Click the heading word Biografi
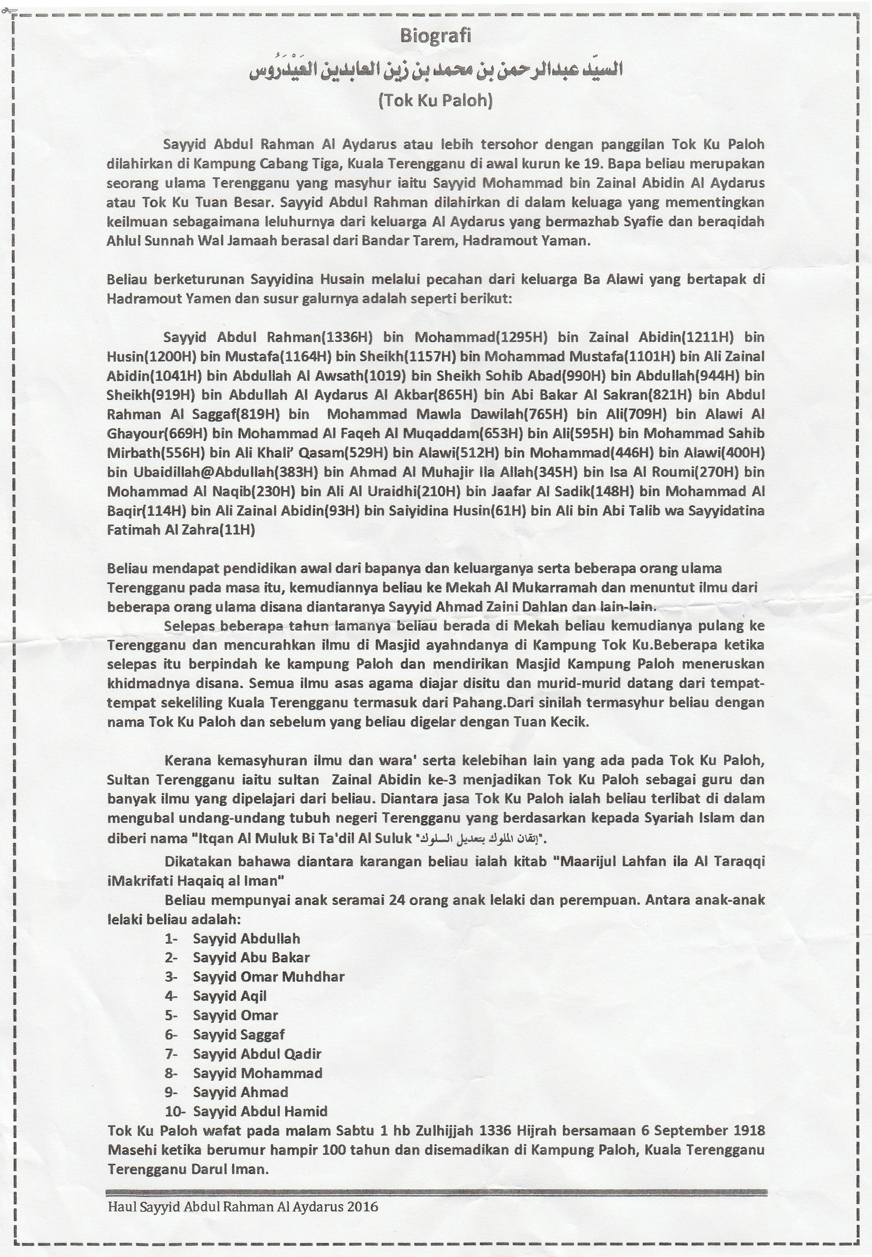[435, 36]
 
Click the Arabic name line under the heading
[435, 70]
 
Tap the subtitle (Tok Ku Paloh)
[435, 101]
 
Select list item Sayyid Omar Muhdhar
[268, 977]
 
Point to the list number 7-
[172, 1054]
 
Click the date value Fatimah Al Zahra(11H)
[181, 530]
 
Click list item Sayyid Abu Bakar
[251, 957]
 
